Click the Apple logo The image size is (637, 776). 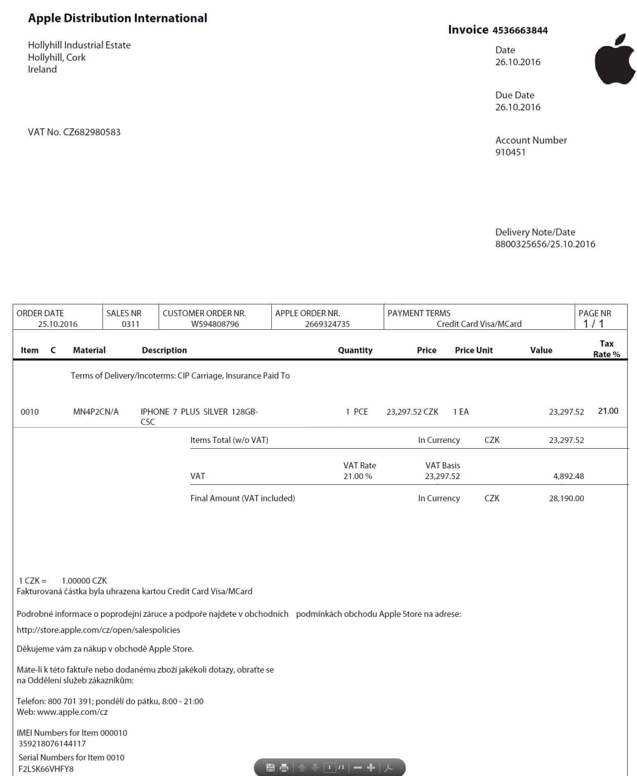point(615,59)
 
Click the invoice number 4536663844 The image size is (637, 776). point(520,30)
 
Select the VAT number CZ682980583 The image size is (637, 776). point(92,132)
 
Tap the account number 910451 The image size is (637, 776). point(510,152)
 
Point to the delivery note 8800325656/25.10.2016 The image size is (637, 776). point(545,244)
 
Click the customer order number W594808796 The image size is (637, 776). point(215,324)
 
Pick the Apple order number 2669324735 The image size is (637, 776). point(327,324)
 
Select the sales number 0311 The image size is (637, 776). point(130,324)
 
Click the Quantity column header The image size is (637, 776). point(355,350)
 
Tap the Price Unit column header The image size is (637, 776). point(473,350)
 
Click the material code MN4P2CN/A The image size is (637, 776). point(96,412)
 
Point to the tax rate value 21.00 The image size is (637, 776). point(608,411)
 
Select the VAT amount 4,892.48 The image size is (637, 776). point(569,476)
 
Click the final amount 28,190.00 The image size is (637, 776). point(566,498)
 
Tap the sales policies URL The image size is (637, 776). point(98,630)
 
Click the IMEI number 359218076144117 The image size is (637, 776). point(52,743)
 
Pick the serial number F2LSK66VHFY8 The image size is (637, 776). point(46,769)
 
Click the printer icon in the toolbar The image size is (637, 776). point(284,768)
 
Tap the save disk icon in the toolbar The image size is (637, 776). point(270,768)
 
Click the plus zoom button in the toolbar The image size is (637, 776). point(371,768)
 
